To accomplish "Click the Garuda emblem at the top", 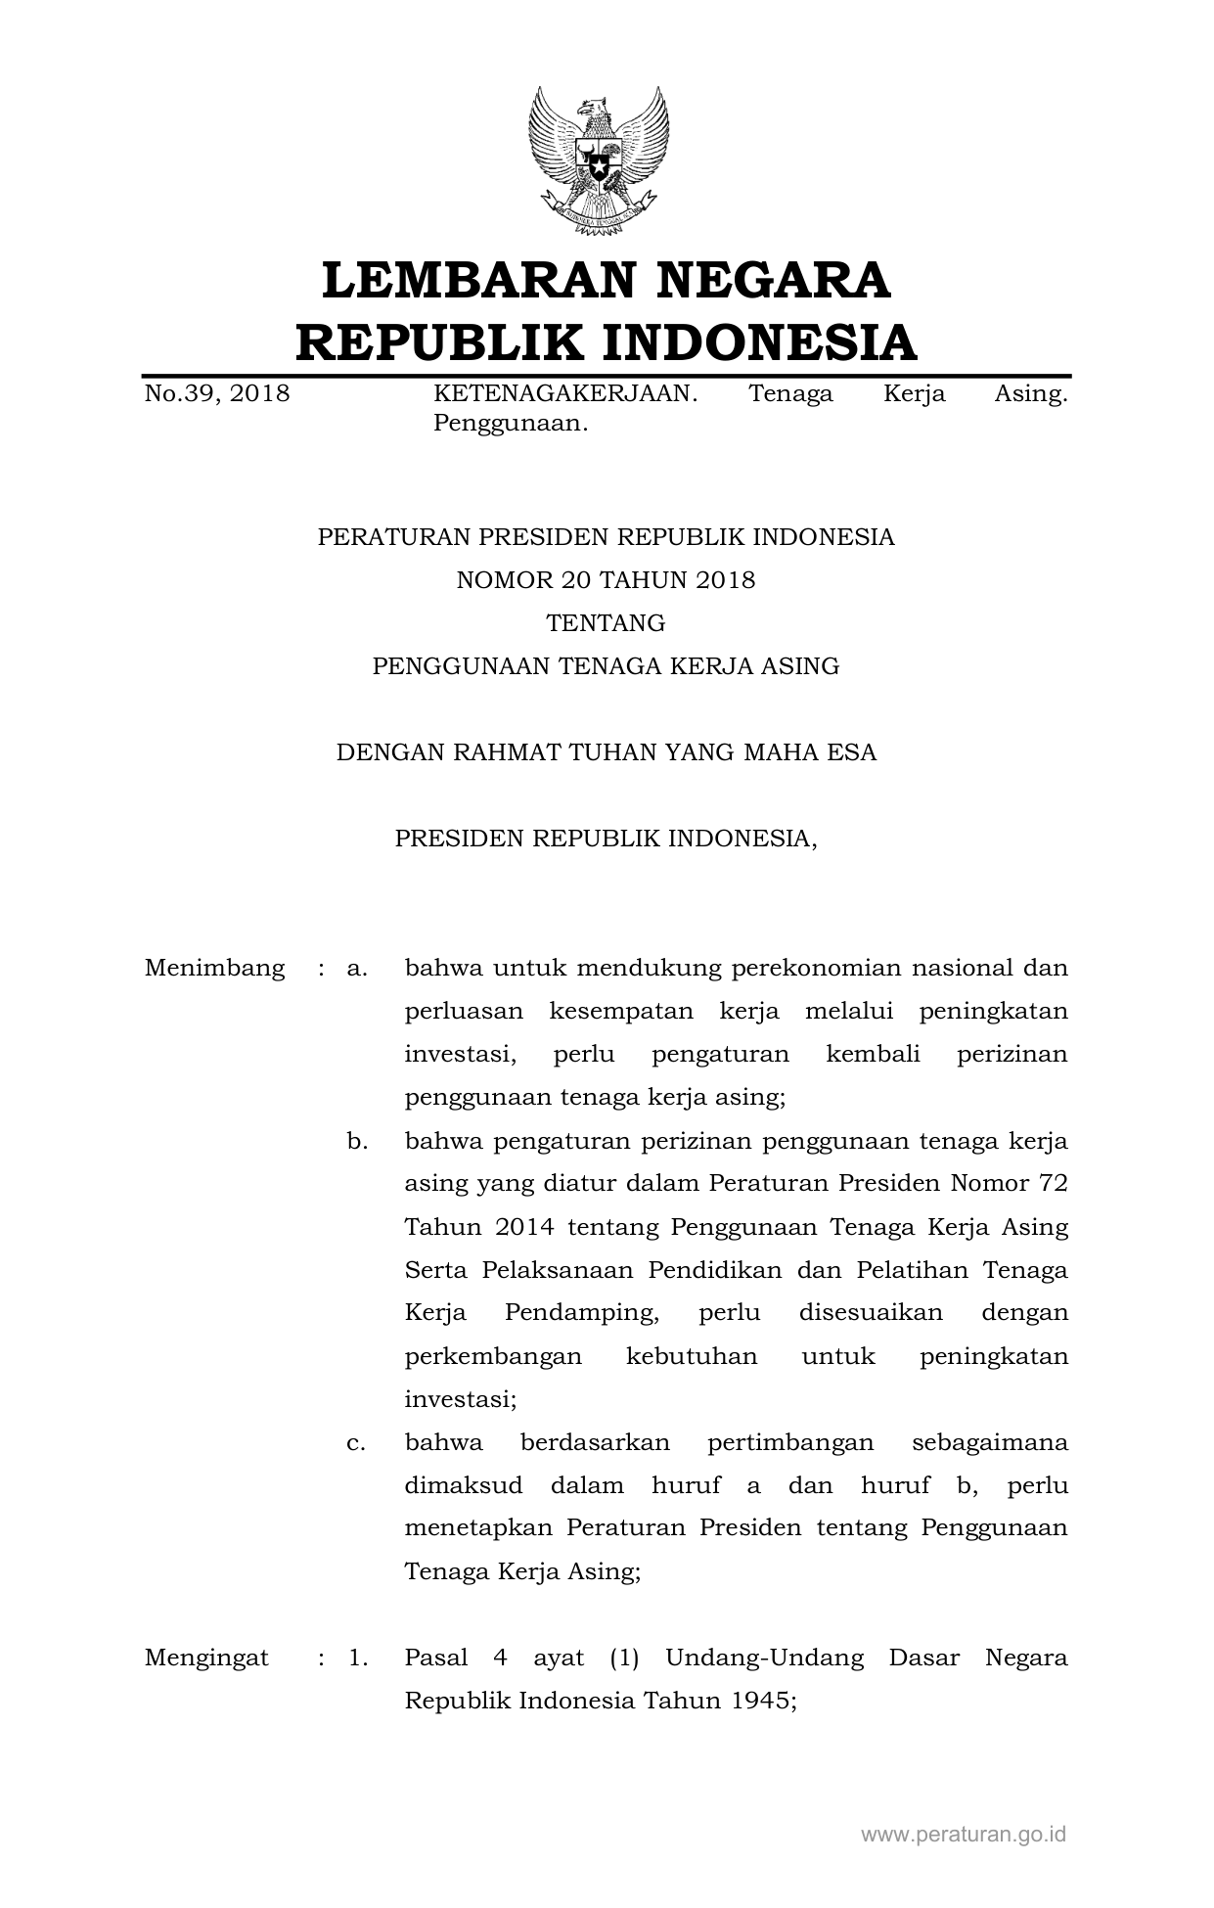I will pyautogui.click(x=599, y=161).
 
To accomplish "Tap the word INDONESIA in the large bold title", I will pyautogui.click(x=758, y=342).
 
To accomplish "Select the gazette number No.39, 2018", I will pyautogui.click(x=217, y=394).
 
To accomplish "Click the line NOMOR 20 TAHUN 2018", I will pyautogui.click(x=606, y=580).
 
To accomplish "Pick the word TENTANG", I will pyautogui.click(x=606, y=623).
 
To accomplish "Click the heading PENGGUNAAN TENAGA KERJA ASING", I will pyautogui.click(x=606, y=666).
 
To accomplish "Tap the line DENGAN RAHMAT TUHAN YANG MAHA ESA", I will pyautogui.click(x=606, y=752).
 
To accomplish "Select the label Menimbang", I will pyautogui.click(x=214, y=969).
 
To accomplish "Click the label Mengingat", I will pyautogui.click(x=206, y=1658).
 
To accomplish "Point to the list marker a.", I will pyautogui.click(x=356, y=969).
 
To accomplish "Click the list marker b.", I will pyautogui.click(x=356, y=1141).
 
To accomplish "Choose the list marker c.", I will pyautogui.click(x=356, y=1442).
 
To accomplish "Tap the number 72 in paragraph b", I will pyautogui.click(x=1053, y=1184).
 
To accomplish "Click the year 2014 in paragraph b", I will pyautogui.click(x=524, y=1227).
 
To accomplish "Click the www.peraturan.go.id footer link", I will pyautogui.click(x=963, y=1835).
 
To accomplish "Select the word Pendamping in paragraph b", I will pyautogui.click(x=581, y=1313).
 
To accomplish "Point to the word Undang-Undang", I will pyautogui.click(x=764, y=1658).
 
